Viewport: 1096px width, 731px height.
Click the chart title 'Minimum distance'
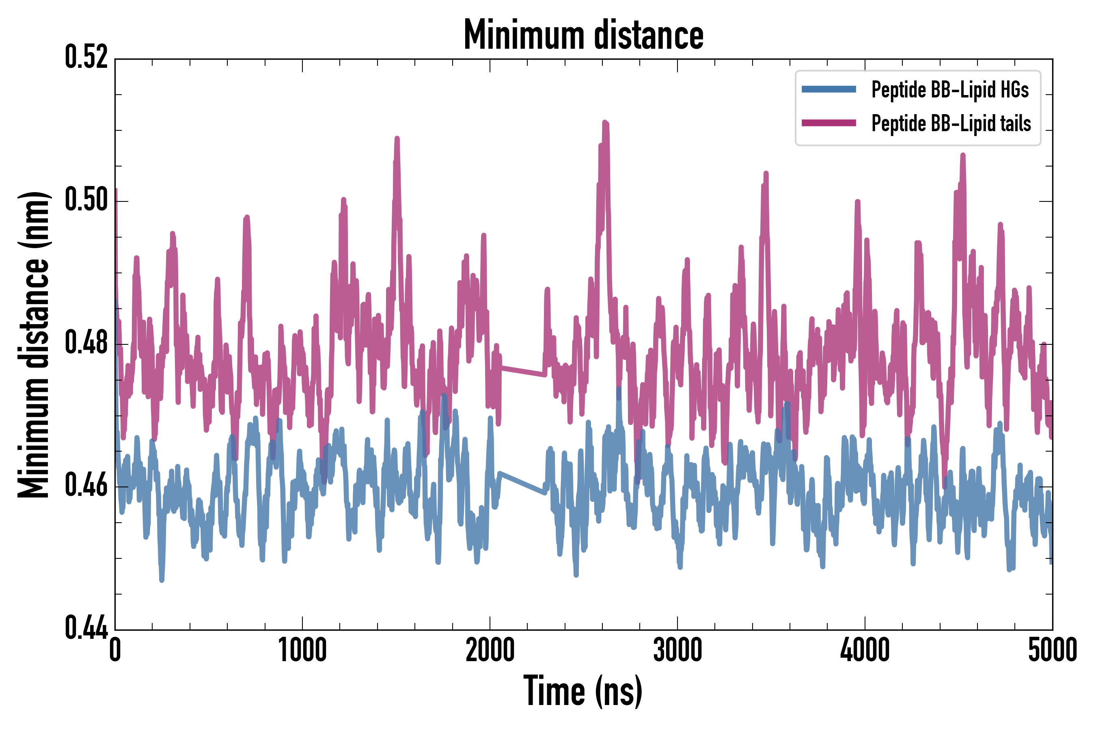point(583,35)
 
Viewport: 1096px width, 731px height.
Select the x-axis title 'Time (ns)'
point(583,691)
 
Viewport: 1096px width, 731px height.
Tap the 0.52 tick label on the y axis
point(86,58)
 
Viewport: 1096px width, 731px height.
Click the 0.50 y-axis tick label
point(86,201)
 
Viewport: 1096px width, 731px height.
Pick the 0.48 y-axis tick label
point(86,344)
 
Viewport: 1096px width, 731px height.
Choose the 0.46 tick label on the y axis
point(86,486)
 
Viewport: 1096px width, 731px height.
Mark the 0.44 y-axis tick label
point(86,628)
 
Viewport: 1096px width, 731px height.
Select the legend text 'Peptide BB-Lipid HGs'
point(950,89)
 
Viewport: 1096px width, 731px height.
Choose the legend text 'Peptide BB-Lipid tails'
point(951,123)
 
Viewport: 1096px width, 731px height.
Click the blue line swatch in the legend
point(828,89)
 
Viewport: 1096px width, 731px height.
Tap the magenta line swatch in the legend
point(828,123)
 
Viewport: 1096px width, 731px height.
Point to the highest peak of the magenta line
point(605,123)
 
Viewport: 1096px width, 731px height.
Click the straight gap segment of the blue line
point(522,483)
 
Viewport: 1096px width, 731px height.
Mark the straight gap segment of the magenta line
point(522,371)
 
